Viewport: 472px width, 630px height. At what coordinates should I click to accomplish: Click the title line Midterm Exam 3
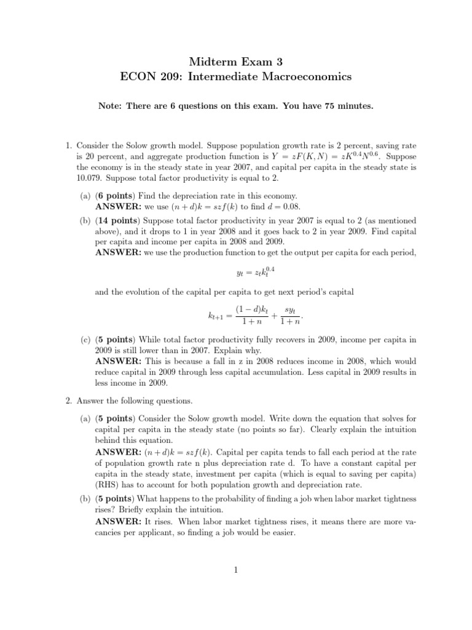pyautogui.click(x=236, y=62)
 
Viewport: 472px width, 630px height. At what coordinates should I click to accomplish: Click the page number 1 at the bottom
pyautogui.click(x=236, y=570)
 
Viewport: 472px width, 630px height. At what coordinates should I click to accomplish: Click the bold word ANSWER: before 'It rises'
pyautogui.click(x=119, y=522)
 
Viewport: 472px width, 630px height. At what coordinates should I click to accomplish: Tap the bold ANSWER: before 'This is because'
pyautogui.click(x=119, y=361)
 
